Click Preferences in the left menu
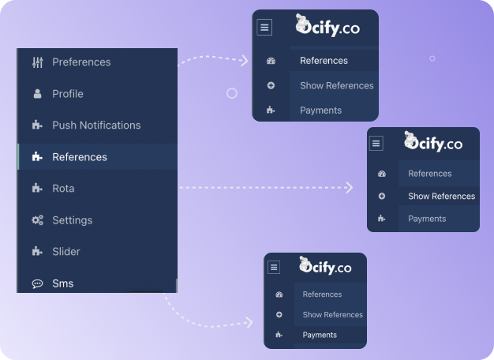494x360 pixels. pyautogui.click(x=81, y=62)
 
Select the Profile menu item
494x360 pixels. pyautogui.click(x=68, y=94)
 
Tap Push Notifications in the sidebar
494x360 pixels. pyautogui.click(x=96, y=126)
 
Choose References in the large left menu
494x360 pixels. pyautogui.click(x=80, y=157)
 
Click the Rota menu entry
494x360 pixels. pyautogui.click(x=63, y=189)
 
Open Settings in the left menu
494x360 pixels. pyautogui.click(x=72, y=220)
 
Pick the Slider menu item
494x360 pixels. pyautogui.click(x=66, y=252)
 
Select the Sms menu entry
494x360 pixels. pyautogui.click(x=62, y=283)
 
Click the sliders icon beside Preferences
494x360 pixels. pyautogui.click(x=37, y=62)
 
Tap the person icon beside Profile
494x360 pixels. pyautogui.click(x=37, y=94)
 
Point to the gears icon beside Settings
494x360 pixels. pyautogui.click(x=37, y=220)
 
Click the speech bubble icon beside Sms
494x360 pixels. pyautogui.click(x=37, y=283)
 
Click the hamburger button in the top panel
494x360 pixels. pyautogui.click(x=264, y=27)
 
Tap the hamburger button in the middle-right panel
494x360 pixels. pyautogui.click(x=376, y=144)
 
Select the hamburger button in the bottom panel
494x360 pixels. pyautogui.click(x=274, y=268)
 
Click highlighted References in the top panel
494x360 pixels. pyautogui.click(x=324, y=61)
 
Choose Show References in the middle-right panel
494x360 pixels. pyautogui.click(x=441, y=197)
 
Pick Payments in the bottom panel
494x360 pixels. pyautogui.click(x=320, y=336)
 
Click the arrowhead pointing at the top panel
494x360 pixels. pyautogui.click(x=244, y=61)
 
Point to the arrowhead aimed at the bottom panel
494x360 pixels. pyautogui.click(x=249, y=322)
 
